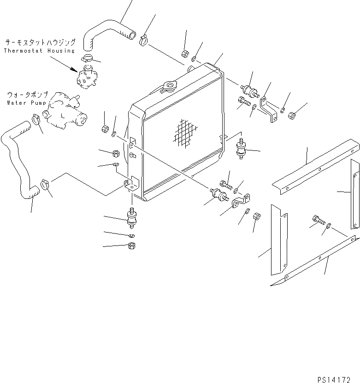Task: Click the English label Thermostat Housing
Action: click(x=39, y=50)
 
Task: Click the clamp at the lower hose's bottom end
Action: click(x=45, y=185)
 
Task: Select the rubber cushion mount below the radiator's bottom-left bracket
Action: click(x=132, y=218)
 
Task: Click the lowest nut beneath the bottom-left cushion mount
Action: click(x=131, y=245)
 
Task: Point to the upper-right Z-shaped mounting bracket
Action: click(x=268, y=108)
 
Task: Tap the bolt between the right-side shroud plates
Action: click(x=317, y=220)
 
